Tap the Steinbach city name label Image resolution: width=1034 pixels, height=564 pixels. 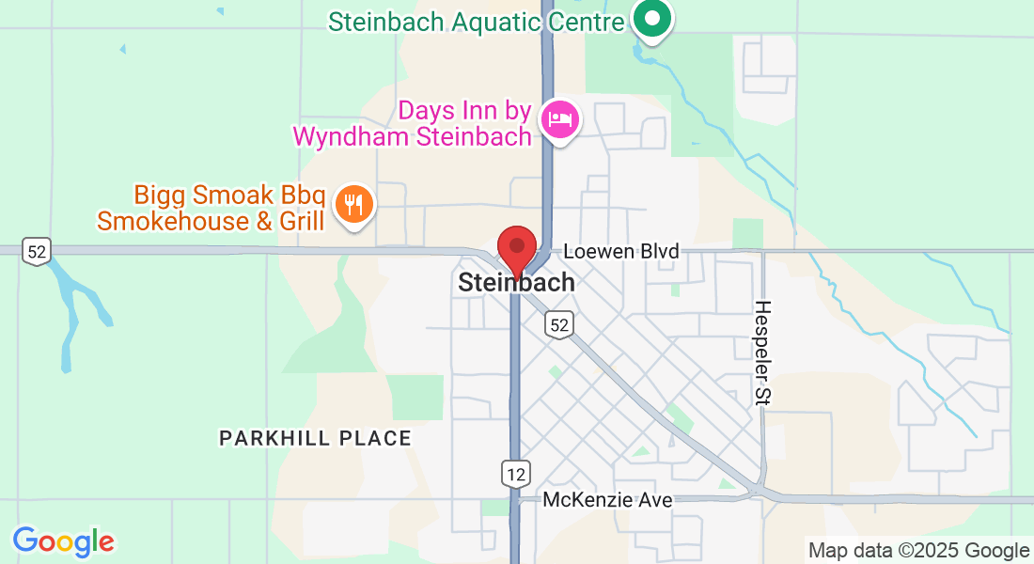516,282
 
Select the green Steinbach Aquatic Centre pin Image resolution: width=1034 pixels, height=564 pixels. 650,18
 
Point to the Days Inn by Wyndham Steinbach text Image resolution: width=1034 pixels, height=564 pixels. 414,123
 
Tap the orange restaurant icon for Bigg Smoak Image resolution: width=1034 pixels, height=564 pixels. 354,204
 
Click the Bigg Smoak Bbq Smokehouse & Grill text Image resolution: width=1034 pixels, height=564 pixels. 211,209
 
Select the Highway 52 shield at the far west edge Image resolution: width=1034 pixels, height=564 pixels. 37,252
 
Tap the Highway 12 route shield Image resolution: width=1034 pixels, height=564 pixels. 516,473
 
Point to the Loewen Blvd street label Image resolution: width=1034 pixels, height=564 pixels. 620,252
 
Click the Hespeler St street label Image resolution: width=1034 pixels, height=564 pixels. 762,352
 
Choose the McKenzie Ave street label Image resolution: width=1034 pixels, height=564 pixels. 607,500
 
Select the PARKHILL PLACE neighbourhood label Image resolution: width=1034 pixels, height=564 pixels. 315,438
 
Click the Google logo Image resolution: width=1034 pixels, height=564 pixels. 63,541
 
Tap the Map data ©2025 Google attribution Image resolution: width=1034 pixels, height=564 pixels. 918,551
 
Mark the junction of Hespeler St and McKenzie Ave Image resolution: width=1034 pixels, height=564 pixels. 758,491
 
